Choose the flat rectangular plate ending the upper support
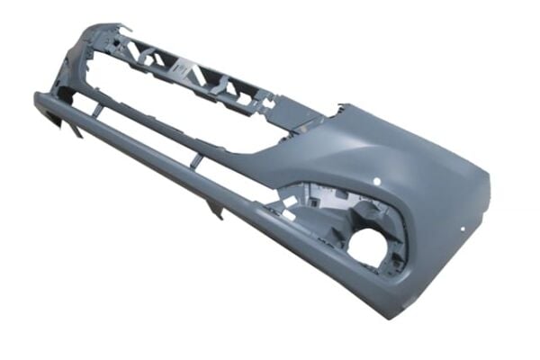(x=301, y=118)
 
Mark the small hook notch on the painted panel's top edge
(x=339, y=110)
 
